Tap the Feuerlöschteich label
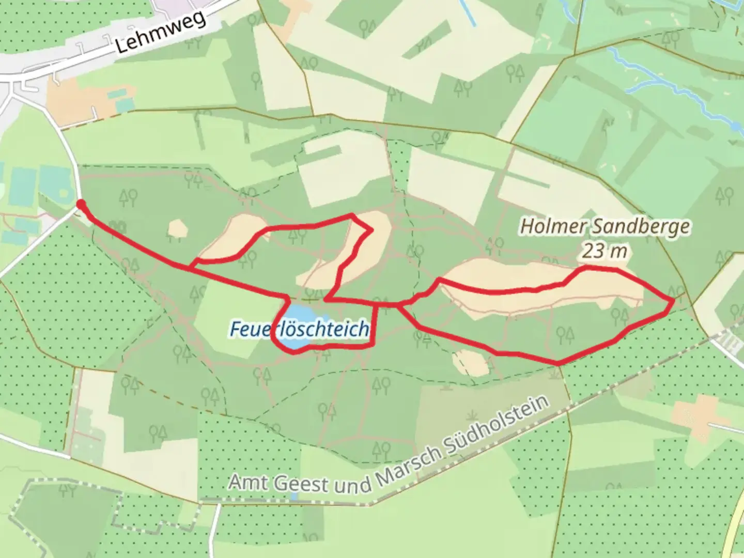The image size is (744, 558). (x=300, y=329)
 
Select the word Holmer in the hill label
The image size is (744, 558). (x=552, y=226)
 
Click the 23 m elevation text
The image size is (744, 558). (x=605, y=251)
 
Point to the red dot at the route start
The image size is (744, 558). (x=81, y=205)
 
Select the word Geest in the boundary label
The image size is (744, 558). (x=300, y=484)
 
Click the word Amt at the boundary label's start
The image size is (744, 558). (x=246, y=482)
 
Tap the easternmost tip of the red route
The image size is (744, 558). (x=673, y=300)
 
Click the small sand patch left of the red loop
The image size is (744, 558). (x=177, y=229)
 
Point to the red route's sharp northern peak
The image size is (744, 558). (x=352, y=215)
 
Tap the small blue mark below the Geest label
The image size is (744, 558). (x=294, y=497)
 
